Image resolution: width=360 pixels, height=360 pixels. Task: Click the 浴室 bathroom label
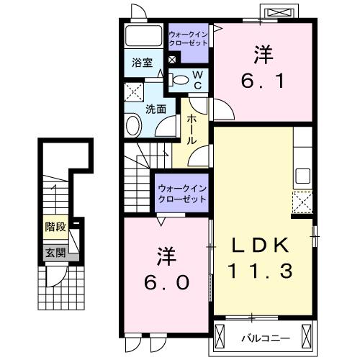[141, 63]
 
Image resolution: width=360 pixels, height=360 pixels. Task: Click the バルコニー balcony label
[271, 336]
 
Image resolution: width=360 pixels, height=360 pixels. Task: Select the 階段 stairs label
[55, 227]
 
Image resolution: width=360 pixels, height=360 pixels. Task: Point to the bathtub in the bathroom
[143, 37]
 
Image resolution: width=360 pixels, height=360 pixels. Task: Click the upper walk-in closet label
[189, 39]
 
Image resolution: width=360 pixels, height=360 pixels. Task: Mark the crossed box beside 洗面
[134, 93]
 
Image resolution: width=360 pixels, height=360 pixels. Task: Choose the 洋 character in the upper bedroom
[261, 53]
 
